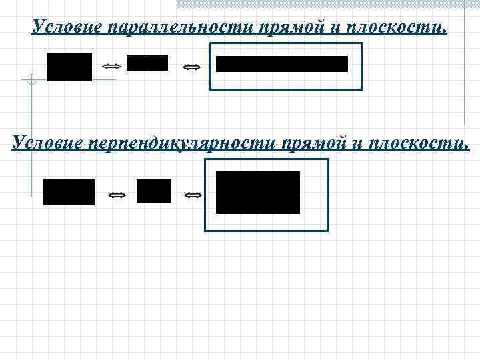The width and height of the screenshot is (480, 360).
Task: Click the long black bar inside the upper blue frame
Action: click(282, 64)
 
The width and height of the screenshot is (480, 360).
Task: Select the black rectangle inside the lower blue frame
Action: click(258, 193)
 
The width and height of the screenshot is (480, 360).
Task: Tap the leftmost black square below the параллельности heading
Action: click(69, 67)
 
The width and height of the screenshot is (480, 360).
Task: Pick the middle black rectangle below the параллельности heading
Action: click(147, 63)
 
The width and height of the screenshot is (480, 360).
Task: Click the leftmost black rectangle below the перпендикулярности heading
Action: click(69, 192)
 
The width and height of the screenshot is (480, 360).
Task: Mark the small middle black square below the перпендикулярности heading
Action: click(154, 191)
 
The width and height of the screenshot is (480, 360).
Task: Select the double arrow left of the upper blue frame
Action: click(191, 67)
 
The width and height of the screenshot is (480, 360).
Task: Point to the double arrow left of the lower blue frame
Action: click(193, 195)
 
